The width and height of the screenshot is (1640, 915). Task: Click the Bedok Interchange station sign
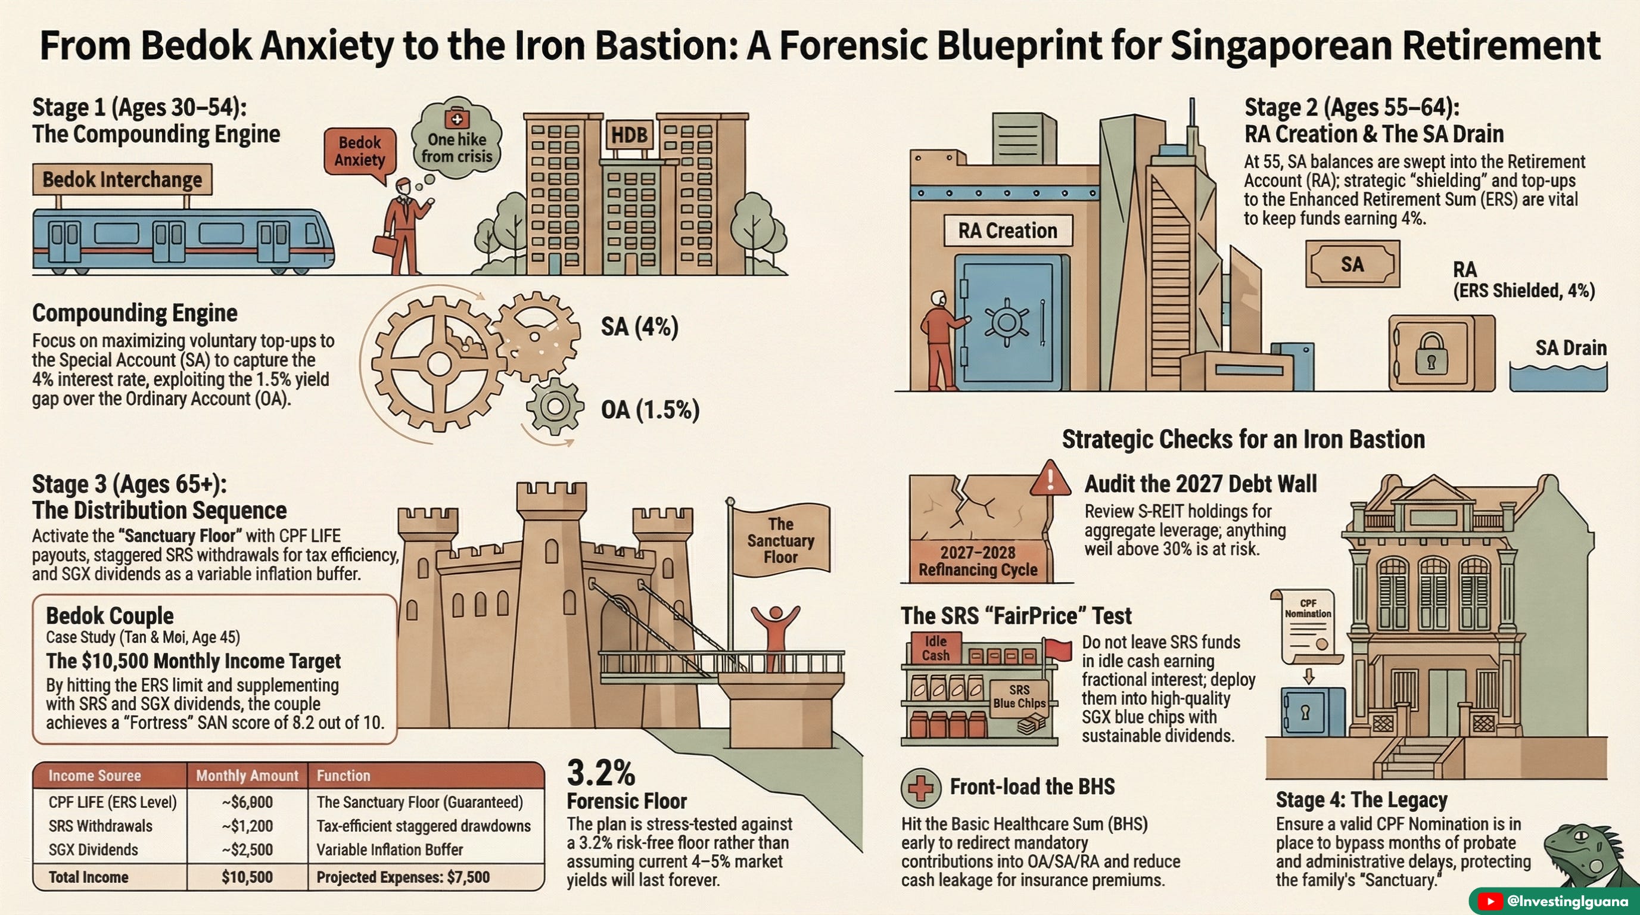point(122,179)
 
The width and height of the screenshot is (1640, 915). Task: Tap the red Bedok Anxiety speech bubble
point(360,151)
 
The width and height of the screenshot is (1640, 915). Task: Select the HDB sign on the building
point(629,135)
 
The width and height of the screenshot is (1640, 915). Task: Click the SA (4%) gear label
point(639,327)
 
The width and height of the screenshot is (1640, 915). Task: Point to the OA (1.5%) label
point(650,409)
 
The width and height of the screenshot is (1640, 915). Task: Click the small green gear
point(555,406)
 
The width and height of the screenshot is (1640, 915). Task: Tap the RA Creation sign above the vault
point(1007,231)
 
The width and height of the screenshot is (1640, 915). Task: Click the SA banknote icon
point(1352,264)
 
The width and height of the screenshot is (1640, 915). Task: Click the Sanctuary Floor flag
point(780,540)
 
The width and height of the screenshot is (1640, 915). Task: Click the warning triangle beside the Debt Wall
point(1050,479)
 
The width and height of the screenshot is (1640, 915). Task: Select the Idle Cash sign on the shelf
point(935,648)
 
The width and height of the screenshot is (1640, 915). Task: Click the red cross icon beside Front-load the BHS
point(920,788)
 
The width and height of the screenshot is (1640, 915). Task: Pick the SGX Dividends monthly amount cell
point(247,850)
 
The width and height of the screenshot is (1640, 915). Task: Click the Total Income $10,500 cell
point(247,877)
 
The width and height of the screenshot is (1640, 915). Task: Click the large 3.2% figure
point(601,774)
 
